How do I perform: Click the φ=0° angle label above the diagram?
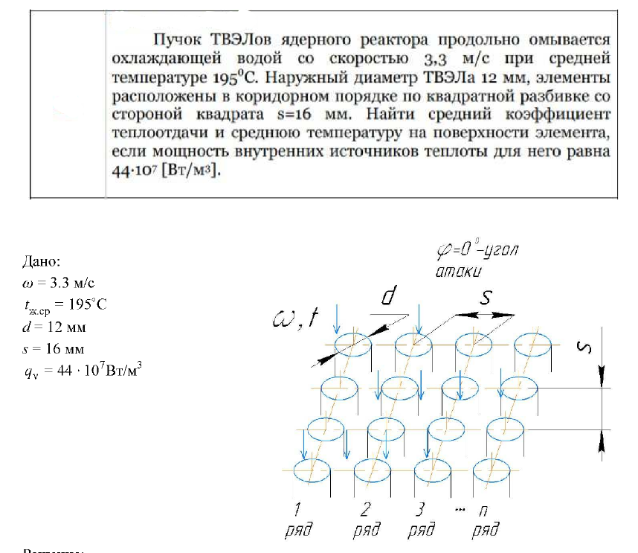(477, 251)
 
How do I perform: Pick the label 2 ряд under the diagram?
(366, 520)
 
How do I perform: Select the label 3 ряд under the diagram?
(422, 520)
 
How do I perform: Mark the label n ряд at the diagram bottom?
(486, 520)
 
